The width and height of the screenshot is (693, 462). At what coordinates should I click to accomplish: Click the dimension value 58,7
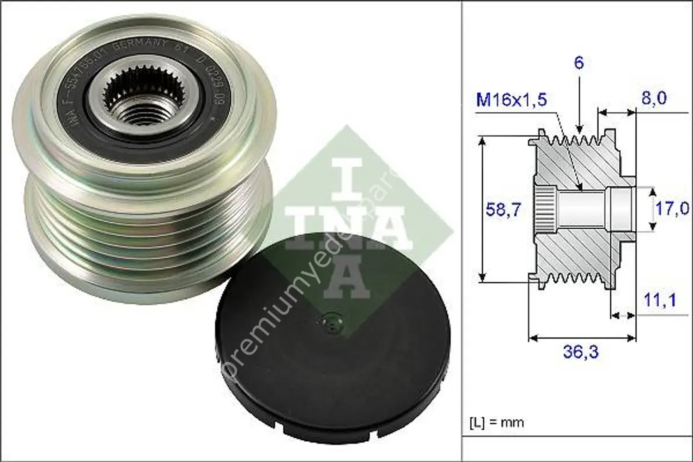click(x=503, y=210)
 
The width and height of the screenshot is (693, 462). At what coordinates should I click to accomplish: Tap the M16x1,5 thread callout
click(x=511, y=100)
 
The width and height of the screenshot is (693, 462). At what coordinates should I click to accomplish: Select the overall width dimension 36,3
click(x=580, y=352)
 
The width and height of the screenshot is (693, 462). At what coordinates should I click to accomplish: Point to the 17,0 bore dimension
click(x=672, y=208)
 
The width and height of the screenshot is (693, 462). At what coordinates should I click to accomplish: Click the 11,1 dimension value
click(x=660, y=300)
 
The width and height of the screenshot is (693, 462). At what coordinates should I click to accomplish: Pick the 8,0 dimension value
click(x=654, y=98)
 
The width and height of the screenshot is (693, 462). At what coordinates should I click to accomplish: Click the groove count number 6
click(x=579, y=63)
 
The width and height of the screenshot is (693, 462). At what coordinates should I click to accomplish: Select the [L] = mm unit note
click(x=497, y=422)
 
